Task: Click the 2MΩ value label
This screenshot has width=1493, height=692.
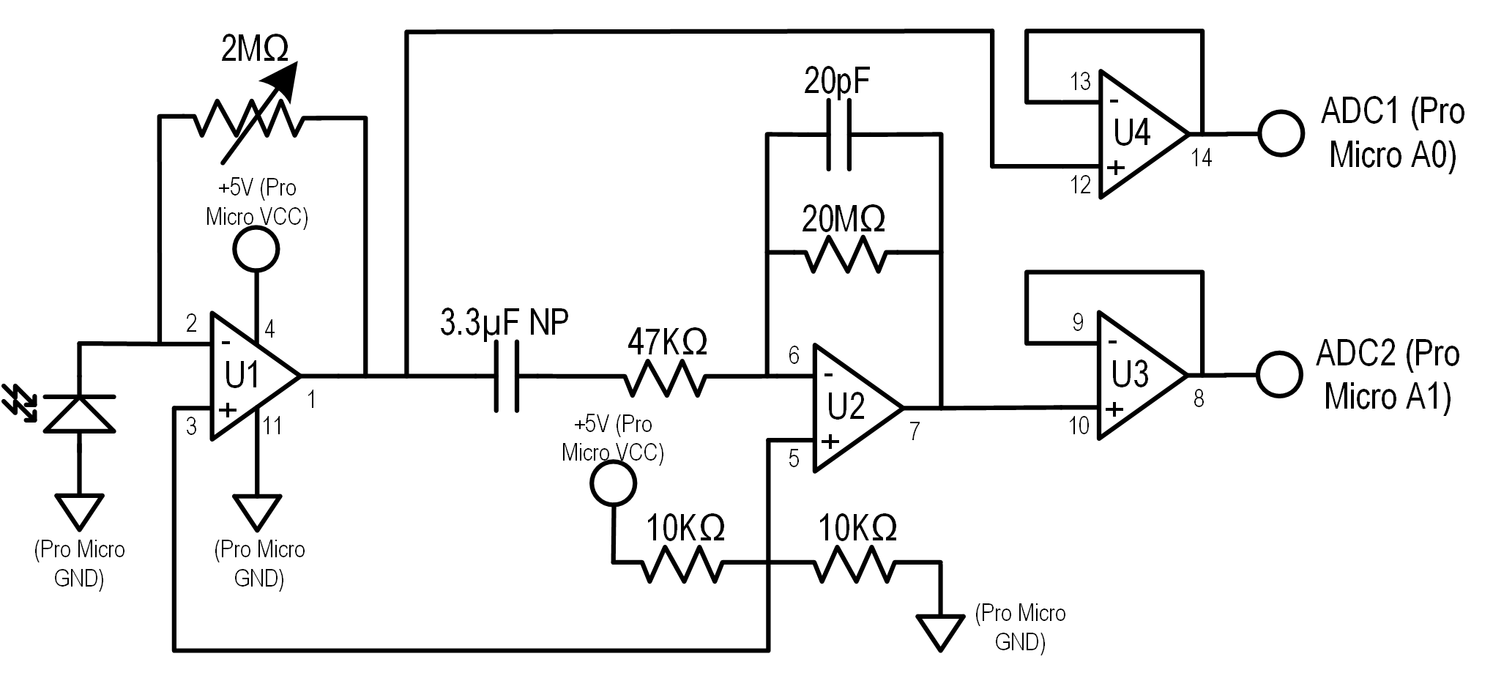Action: pos(255,49)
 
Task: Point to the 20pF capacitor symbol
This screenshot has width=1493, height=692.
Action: pos(839,135)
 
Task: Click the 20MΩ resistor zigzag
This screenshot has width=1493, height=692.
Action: pos(846,253)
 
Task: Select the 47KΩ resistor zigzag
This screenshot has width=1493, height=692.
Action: pos(665,376)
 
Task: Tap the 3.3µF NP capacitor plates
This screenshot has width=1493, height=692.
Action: pos(506,376)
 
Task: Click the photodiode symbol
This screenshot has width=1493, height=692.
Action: pos(80,412)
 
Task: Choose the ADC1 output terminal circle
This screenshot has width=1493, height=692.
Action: pos(1281,134)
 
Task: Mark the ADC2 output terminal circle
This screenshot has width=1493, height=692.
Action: pos(1279,375)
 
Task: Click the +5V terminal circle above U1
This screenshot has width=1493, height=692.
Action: pos(256,250)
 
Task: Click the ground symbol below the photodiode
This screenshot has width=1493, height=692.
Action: pos(80,511)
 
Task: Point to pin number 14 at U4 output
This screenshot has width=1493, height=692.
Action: pos(1202,158)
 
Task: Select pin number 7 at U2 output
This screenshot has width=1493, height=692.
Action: pos(915,431)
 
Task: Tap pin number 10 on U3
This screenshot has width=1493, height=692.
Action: pos(1079,426)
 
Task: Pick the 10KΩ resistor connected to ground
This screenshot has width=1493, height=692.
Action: pos(854,562)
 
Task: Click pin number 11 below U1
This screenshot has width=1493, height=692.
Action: pos(272,426)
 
